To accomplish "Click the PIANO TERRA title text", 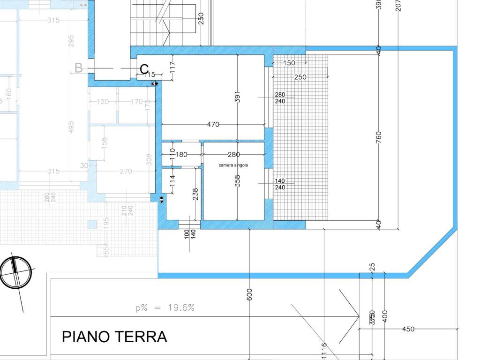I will [114, 337].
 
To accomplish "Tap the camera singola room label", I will [233, 165].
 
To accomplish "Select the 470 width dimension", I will [213, 125].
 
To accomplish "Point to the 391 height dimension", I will [238, 97].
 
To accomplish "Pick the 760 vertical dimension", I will [379, 137].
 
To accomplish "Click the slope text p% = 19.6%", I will [165, 308].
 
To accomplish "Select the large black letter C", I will [144, 69].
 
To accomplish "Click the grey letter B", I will [79, 68].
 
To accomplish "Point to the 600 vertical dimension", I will [249, 294].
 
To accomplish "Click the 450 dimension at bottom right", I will [408, 329].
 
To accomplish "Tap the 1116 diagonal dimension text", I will [324, 351].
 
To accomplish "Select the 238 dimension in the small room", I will [195, 194].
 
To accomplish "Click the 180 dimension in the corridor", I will [181, 155].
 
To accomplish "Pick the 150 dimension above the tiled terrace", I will [290, 63].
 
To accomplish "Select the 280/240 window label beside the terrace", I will [280, 98].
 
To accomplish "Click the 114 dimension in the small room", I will [172, 180].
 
